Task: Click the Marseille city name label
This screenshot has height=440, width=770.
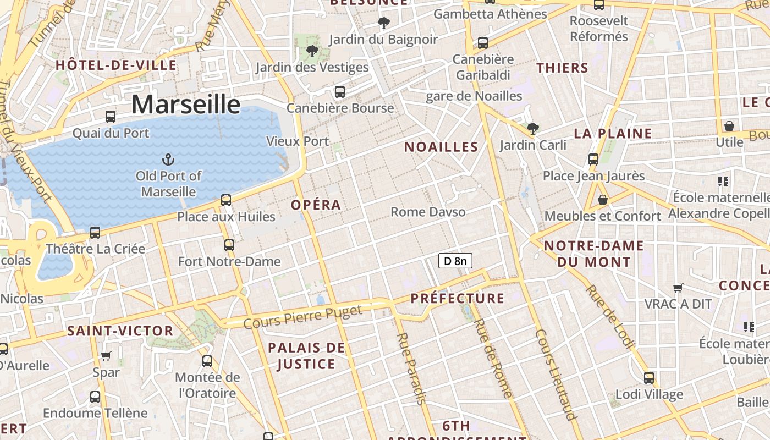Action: [x=186, y=104]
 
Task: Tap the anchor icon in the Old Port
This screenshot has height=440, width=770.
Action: [x=168, y=159]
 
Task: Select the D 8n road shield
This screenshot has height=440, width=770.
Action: [x=455, y=261]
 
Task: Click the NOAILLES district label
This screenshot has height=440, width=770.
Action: [x=441, y=147]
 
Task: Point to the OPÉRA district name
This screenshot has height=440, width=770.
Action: [x=316, y=205]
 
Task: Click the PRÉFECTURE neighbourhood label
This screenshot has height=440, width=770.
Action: [x=458, y=299]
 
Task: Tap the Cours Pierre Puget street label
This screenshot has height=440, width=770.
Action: [x=303, y=317]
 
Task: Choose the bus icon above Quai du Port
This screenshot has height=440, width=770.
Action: [x=111, y=117]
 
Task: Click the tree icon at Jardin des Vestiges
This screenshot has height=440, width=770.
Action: [x=312, y=51]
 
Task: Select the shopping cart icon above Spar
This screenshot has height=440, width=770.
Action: [x=106, y=356]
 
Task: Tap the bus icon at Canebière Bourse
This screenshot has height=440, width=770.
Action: [x=340, y=91]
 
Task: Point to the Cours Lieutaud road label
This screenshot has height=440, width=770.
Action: [x=555, y=374]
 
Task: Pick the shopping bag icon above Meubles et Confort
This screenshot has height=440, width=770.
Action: [x=603, y=200]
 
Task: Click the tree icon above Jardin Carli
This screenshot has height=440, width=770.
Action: [x=532, y=129]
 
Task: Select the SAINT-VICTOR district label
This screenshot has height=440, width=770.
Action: [x=120, y=331]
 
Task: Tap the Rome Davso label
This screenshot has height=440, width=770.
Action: [x=428, y=212]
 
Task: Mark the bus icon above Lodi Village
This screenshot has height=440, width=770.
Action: [x=649, y=378]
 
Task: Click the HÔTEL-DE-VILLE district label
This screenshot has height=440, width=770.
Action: [x=116, y=65]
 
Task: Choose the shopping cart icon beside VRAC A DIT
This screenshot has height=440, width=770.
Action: [x=678, y=288]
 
